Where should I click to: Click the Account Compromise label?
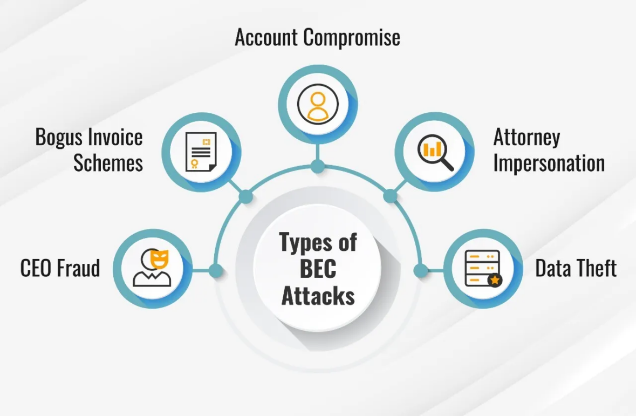318,38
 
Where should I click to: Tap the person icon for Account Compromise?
318,104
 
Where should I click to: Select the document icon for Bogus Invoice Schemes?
201,152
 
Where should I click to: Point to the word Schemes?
108,163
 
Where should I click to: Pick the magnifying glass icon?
435,152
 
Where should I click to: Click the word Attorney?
526,137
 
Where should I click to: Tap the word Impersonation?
549,163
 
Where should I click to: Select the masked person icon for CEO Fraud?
152,268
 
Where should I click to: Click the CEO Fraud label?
60,268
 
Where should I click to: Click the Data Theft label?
576,268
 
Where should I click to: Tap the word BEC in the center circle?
318,269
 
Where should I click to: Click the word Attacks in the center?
318,295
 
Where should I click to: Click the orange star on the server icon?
495,280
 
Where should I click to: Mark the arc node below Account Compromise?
318,166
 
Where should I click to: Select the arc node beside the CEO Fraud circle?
215,270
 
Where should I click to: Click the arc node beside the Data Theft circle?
421,270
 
